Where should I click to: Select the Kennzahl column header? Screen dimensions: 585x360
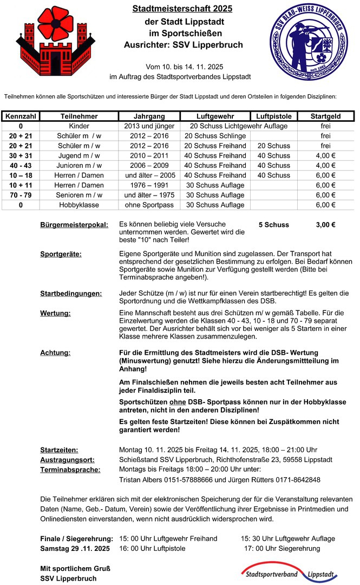pyautogui.click(x=20, y=116)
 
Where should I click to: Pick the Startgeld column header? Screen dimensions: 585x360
pyautogui.click(x=325, y=116)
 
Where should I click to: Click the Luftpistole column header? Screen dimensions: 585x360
pyautogui.click(x=273, y=116)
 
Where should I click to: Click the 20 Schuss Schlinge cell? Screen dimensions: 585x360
pyautogui.click(x=215, y=136)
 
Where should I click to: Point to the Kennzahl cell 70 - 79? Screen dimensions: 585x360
pyautogui.click(x=20, y=195)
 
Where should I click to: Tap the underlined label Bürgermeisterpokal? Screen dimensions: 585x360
pyautogui.click(x=74, y=225)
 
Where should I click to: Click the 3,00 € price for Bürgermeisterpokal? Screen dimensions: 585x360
pyautogui.click(x=325, y=225)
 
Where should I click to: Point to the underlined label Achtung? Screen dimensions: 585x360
pyautogui.click(x=55, y=353)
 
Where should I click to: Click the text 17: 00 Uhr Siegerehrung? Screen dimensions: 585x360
pyautogui.click(x=282, y=548)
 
